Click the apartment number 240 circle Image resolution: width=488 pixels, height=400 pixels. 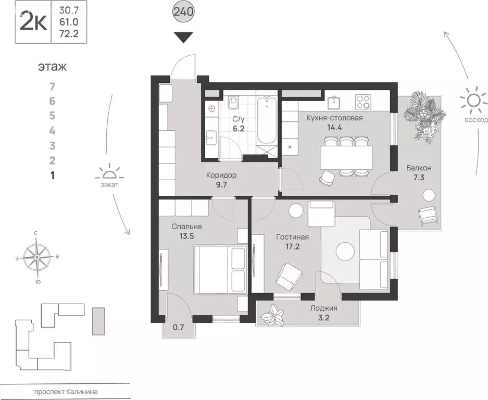point(183,12)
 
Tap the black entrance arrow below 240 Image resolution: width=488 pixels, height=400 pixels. point(183,37)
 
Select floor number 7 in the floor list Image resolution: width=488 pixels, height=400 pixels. point(52,86)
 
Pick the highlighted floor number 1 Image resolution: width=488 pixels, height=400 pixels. point(52,176)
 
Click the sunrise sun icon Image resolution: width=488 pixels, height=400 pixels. point(473,100)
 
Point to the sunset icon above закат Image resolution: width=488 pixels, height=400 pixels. point(109,172)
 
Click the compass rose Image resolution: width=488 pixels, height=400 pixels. point(37,257)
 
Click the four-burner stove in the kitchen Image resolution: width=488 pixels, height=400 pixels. point(363,102)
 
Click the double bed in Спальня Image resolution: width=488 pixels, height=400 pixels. point(220,270)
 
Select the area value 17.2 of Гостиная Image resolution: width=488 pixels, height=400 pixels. point(292,247)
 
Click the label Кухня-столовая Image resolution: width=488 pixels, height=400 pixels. point(334,118)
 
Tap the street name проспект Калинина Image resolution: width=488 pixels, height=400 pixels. point(65,392)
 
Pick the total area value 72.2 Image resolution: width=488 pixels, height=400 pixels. point(69,34)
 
